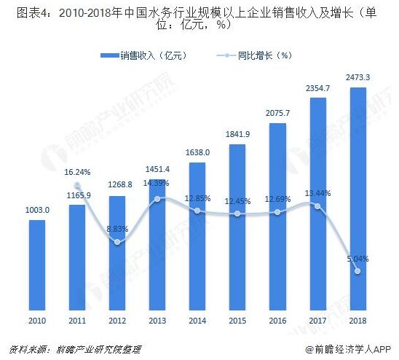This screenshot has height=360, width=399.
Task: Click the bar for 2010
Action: (37, 265)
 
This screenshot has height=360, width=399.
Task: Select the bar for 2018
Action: (358, 199)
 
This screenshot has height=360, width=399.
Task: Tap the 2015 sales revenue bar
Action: (237, 227)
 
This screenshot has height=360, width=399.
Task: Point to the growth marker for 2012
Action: (117, 242)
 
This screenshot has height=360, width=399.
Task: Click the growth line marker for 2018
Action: (357, 271)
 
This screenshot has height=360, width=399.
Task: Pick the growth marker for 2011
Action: (77, 185)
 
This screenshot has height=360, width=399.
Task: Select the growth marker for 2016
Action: (277, 212)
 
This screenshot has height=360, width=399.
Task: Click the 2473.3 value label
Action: (357, 77)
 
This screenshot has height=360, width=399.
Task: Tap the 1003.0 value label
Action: (37, 210)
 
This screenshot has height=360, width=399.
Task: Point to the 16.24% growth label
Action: (77, 172)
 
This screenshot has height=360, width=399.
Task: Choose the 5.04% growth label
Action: (357, 259)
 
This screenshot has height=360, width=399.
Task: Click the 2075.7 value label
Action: (277, 113)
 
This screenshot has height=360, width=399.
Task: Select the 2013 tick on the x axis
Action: (157, 321)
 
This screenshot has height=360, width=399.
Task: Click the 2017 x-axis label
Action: (317, 321)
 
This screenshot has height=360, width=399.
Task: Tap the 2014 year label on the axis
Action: (197, 321)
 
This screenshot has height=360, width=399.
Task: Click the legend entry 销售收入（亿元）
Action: (144, 55)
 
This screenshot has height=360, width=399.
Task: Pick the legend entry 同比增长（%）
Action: (254, 55)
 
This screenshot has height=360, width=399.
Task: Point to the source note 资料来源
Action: (75, 349)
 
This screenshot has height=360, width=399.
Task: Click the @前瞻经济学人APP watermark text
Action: (348, 349)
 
